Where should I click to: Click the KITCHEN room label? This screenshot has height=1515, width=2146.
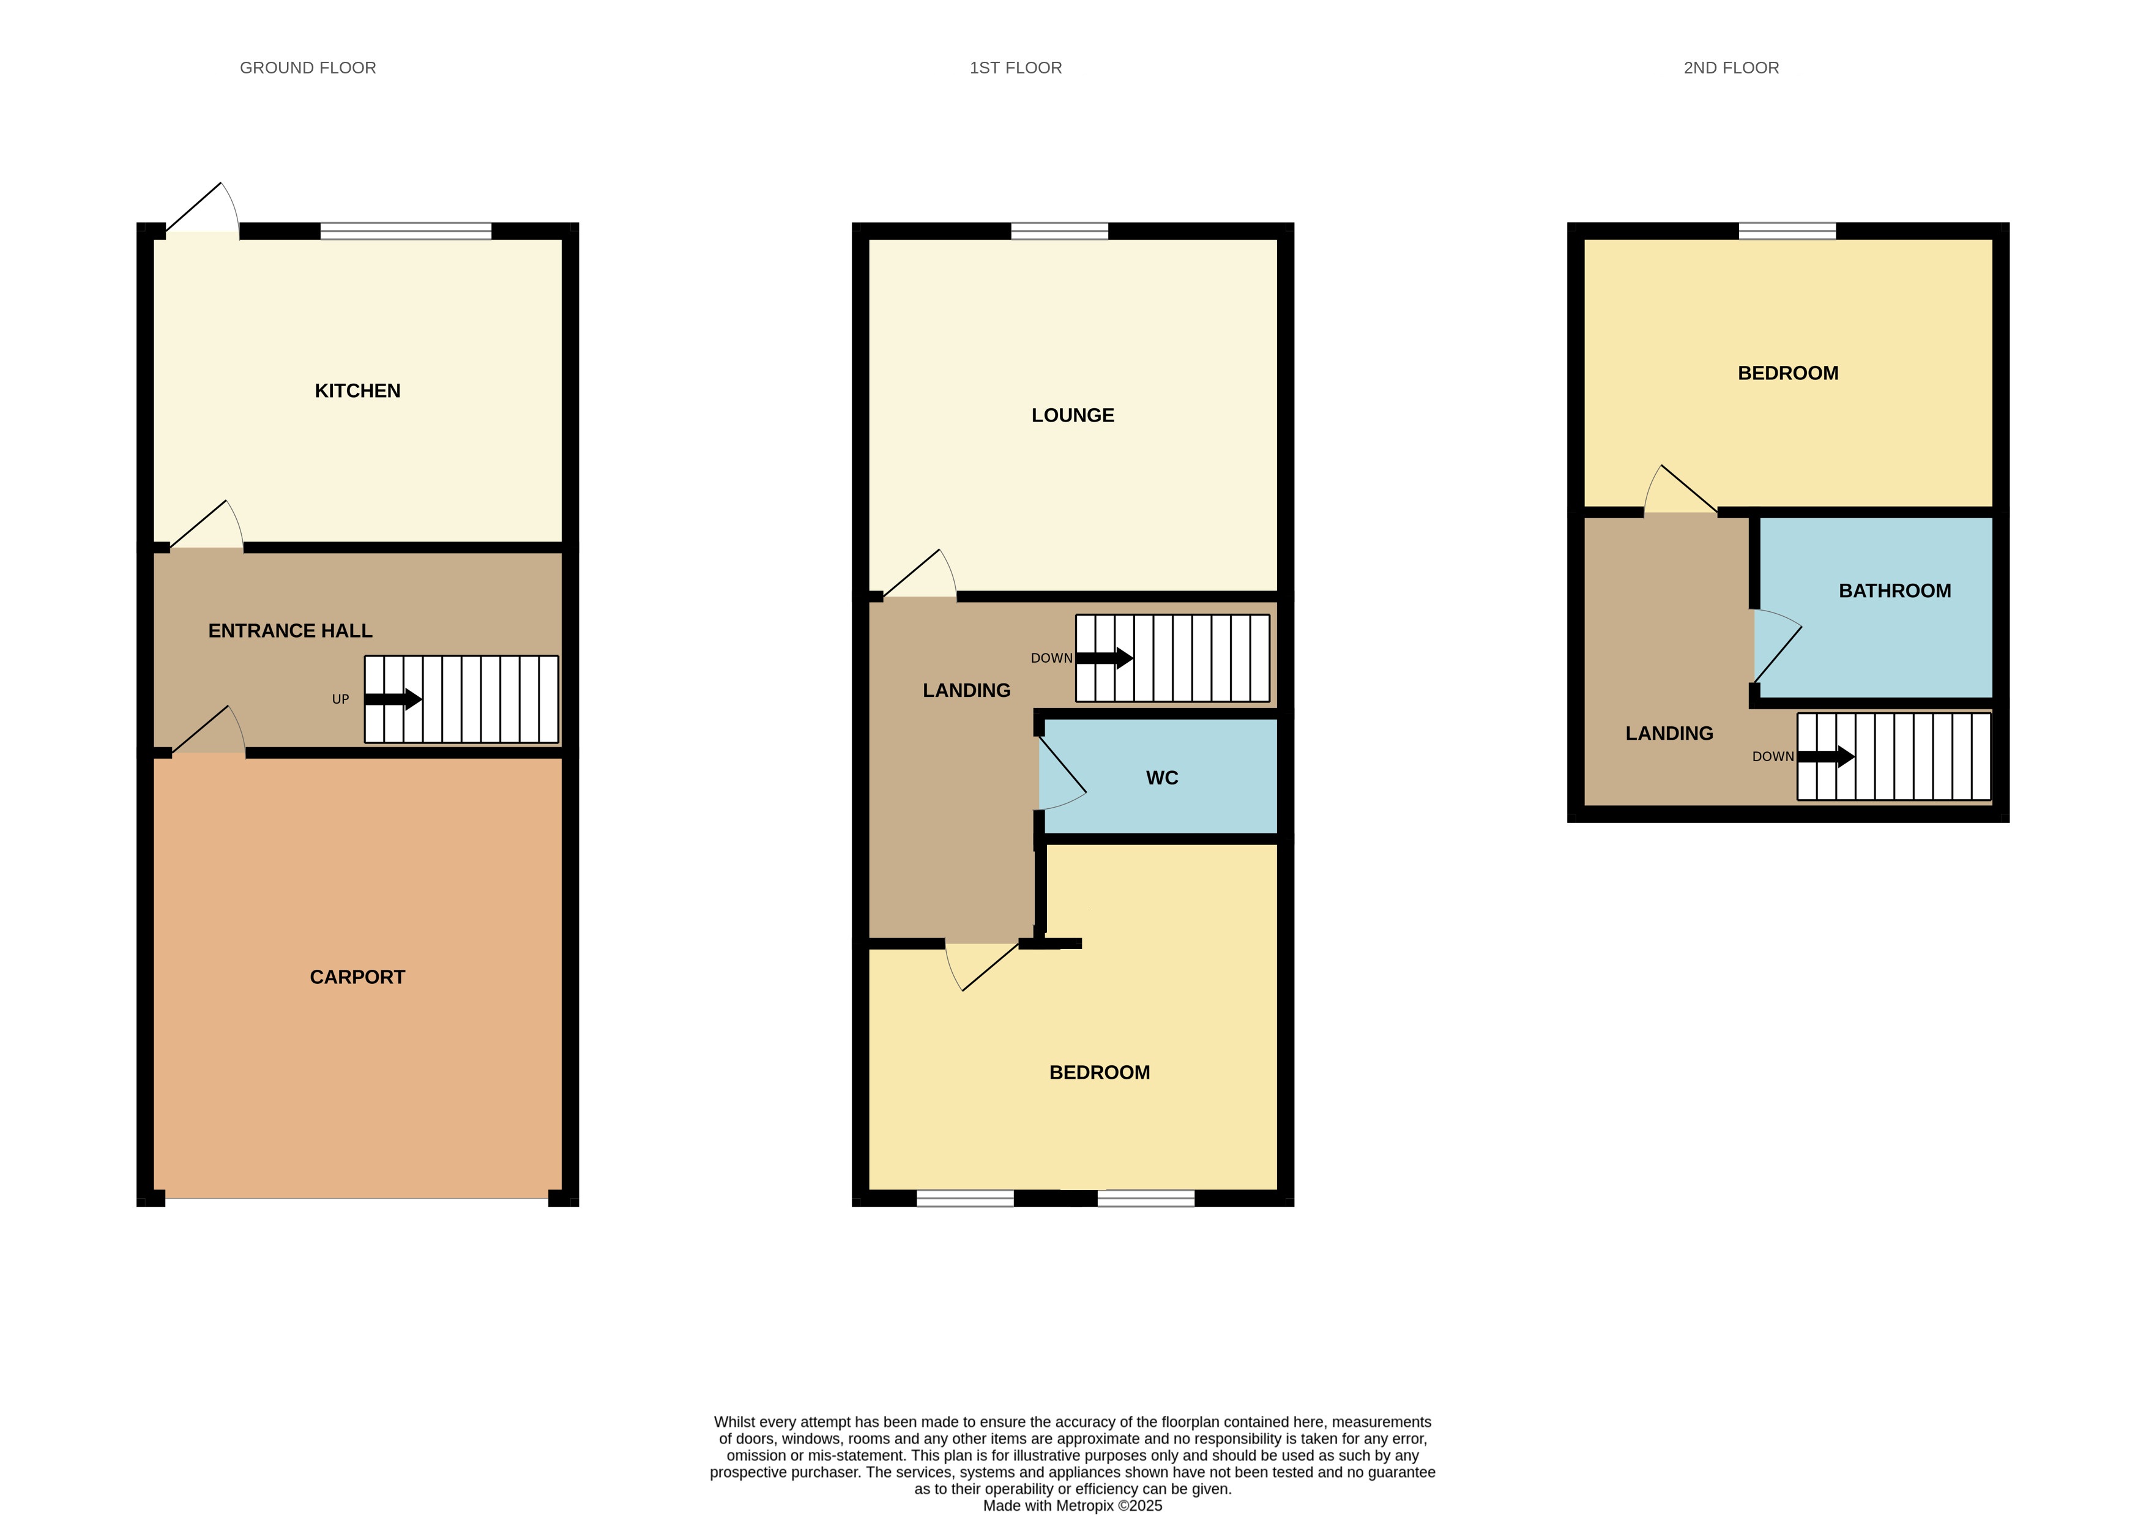click(357, 390)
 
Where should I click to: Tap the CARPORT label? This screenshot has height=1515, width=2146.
click(357, 977)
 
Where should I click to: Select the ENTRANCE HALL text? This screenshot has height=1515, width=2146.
click(290, 631)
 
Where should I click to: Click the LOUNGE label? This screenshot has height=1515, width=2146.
click(1072, 415)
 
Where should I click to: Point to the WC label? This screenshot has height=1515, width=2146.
click(1162, 778)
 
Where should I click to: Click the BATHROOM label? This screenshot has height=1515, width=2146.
click(1894, 590)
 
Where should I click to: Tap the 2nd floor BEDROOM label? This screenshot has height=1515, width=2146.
click(1787, 373)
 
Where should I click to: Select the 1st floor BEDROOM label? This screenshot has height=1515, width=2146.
click(1099, 1072)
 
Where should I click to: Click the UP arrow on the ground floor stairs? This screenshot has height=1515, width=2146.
click(393, 699)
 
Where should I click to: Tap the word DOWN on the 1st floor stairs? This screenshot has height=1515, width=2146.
click(1051, 658)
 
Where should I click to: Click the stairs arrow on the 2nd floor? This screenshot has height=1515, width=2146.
click(1825, 756)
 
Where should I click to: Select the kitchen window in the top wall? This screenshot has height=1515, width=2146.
click(406, 231)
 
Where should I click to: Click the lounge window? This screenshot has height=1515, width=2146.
click(1059, 231)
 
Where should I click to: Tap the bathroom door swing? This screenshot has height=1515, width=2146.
click(1775, 645)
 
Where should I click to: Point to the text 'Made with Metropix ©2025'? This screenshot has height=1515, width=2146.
click(1072, 1506)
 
